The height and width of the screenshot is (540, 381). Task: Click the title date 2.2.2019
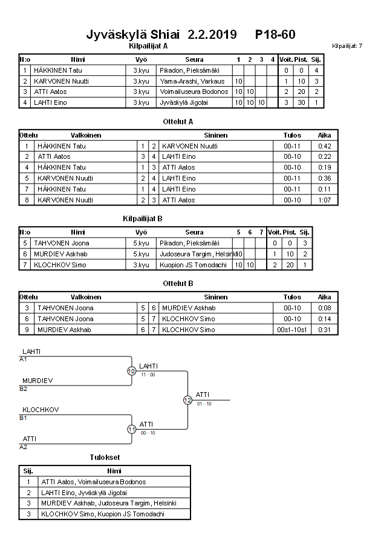coord(212,34)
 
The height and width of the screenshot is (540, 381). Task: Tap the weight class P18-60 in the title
coord(275,34)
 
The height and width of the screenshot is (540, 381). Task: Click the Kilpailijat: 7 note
coord(347,46)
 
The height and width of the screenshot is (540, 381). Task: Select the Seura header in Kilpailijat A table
coord(194,59)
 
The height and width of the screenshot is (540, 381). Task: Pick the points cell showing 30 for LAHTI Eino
coord(301,103)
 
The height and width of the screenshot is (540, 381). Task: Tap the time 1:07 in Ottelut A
coord(325,200)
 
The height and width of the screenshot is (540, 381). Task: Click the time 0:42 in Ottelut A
coord(325,146)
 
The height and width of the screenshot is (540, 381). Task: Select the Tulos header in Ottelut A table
coord(292,135)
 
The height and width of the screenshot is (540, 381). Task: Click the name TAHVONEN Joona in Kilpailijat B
coord(57,243)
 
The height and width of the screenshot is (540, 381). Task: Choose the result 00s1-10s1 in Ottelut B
coord(292,330)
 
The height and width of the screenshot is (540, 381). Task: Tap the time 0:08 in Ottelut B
coord(325,308)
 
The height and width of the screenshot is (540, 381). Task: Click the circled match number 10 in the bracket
coord(131,371)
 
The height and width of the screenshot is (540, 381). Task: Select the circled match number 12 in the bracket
coord(187,400)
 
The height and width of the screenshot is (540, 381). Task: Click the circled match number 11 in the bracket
coord(131,429)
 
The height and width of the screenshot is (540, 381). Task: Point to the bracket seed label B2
coord(24,388)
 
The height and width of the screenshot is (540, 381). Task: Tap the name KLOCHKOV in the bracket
coord(41,410)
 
